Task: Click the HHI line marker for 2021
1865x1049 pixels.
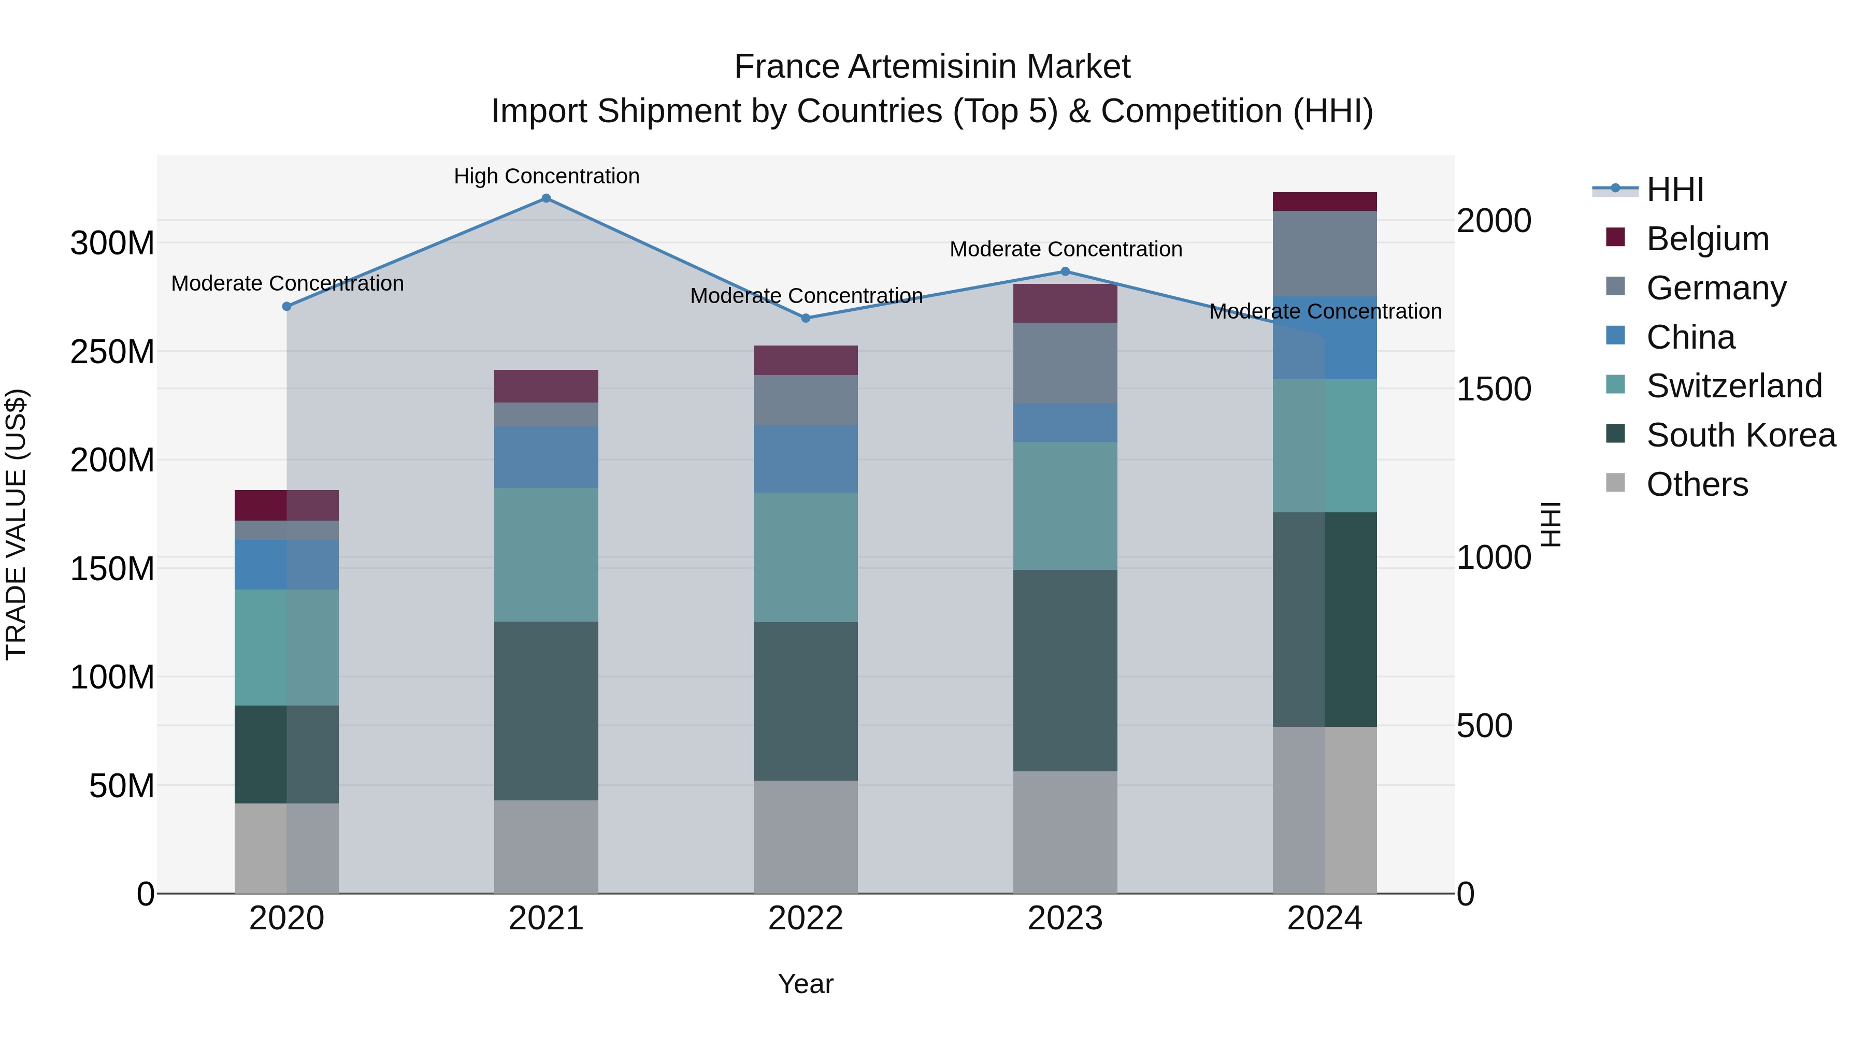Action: click(x=546, y=198)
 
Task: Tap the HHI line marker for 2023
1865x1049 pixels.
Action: click(x=1065, y=271)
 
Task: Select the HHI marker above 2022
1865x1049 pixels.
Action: click(x=806, y=318)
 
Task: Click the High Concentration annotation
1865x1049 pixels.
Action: click(x=547, y=176)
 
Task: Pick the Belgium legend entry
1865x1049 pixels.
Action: click(x=1707, y=239)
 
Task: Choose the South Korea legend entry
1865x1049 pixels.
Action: click(x=1741, y=435)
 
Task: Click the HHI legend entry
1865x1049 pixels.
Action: click(x=1674, y=190)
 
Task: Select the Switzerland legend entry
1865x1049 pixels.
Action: click(x=1734, y=386)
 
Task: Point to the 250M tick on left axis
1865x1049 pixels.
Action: click(x=112, y=352)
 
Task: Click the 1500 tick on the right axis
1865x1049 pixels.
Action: click(x=1494, y=390)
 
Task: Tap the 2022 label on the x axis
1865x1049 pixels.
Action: click(x=806, y=918)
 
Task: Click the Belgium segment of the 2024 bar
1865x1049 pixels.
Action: click(x=1324, y=202)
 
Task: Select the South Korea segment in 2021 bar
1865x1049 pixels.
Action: click(x=546, y=710)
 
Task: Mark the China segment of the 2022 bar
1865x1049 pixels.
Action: click(x=806, y=458)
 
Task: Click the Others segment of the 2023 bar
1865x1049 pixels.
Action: click(x=1065, y=832)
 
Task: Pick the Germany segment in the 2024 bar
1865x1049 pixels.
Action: click(x=1324, y=253)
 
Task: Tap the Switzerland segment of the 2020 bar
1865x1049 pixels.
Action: click(x=286, y=647)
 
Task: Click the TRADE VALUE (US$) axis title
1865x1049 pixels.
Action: click(x=17, y=524)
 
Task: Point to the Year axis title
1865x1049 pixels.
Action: click(x=806, y=984)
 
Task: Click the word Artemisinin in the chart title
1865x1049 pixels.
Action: click(x=933, y=67)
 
